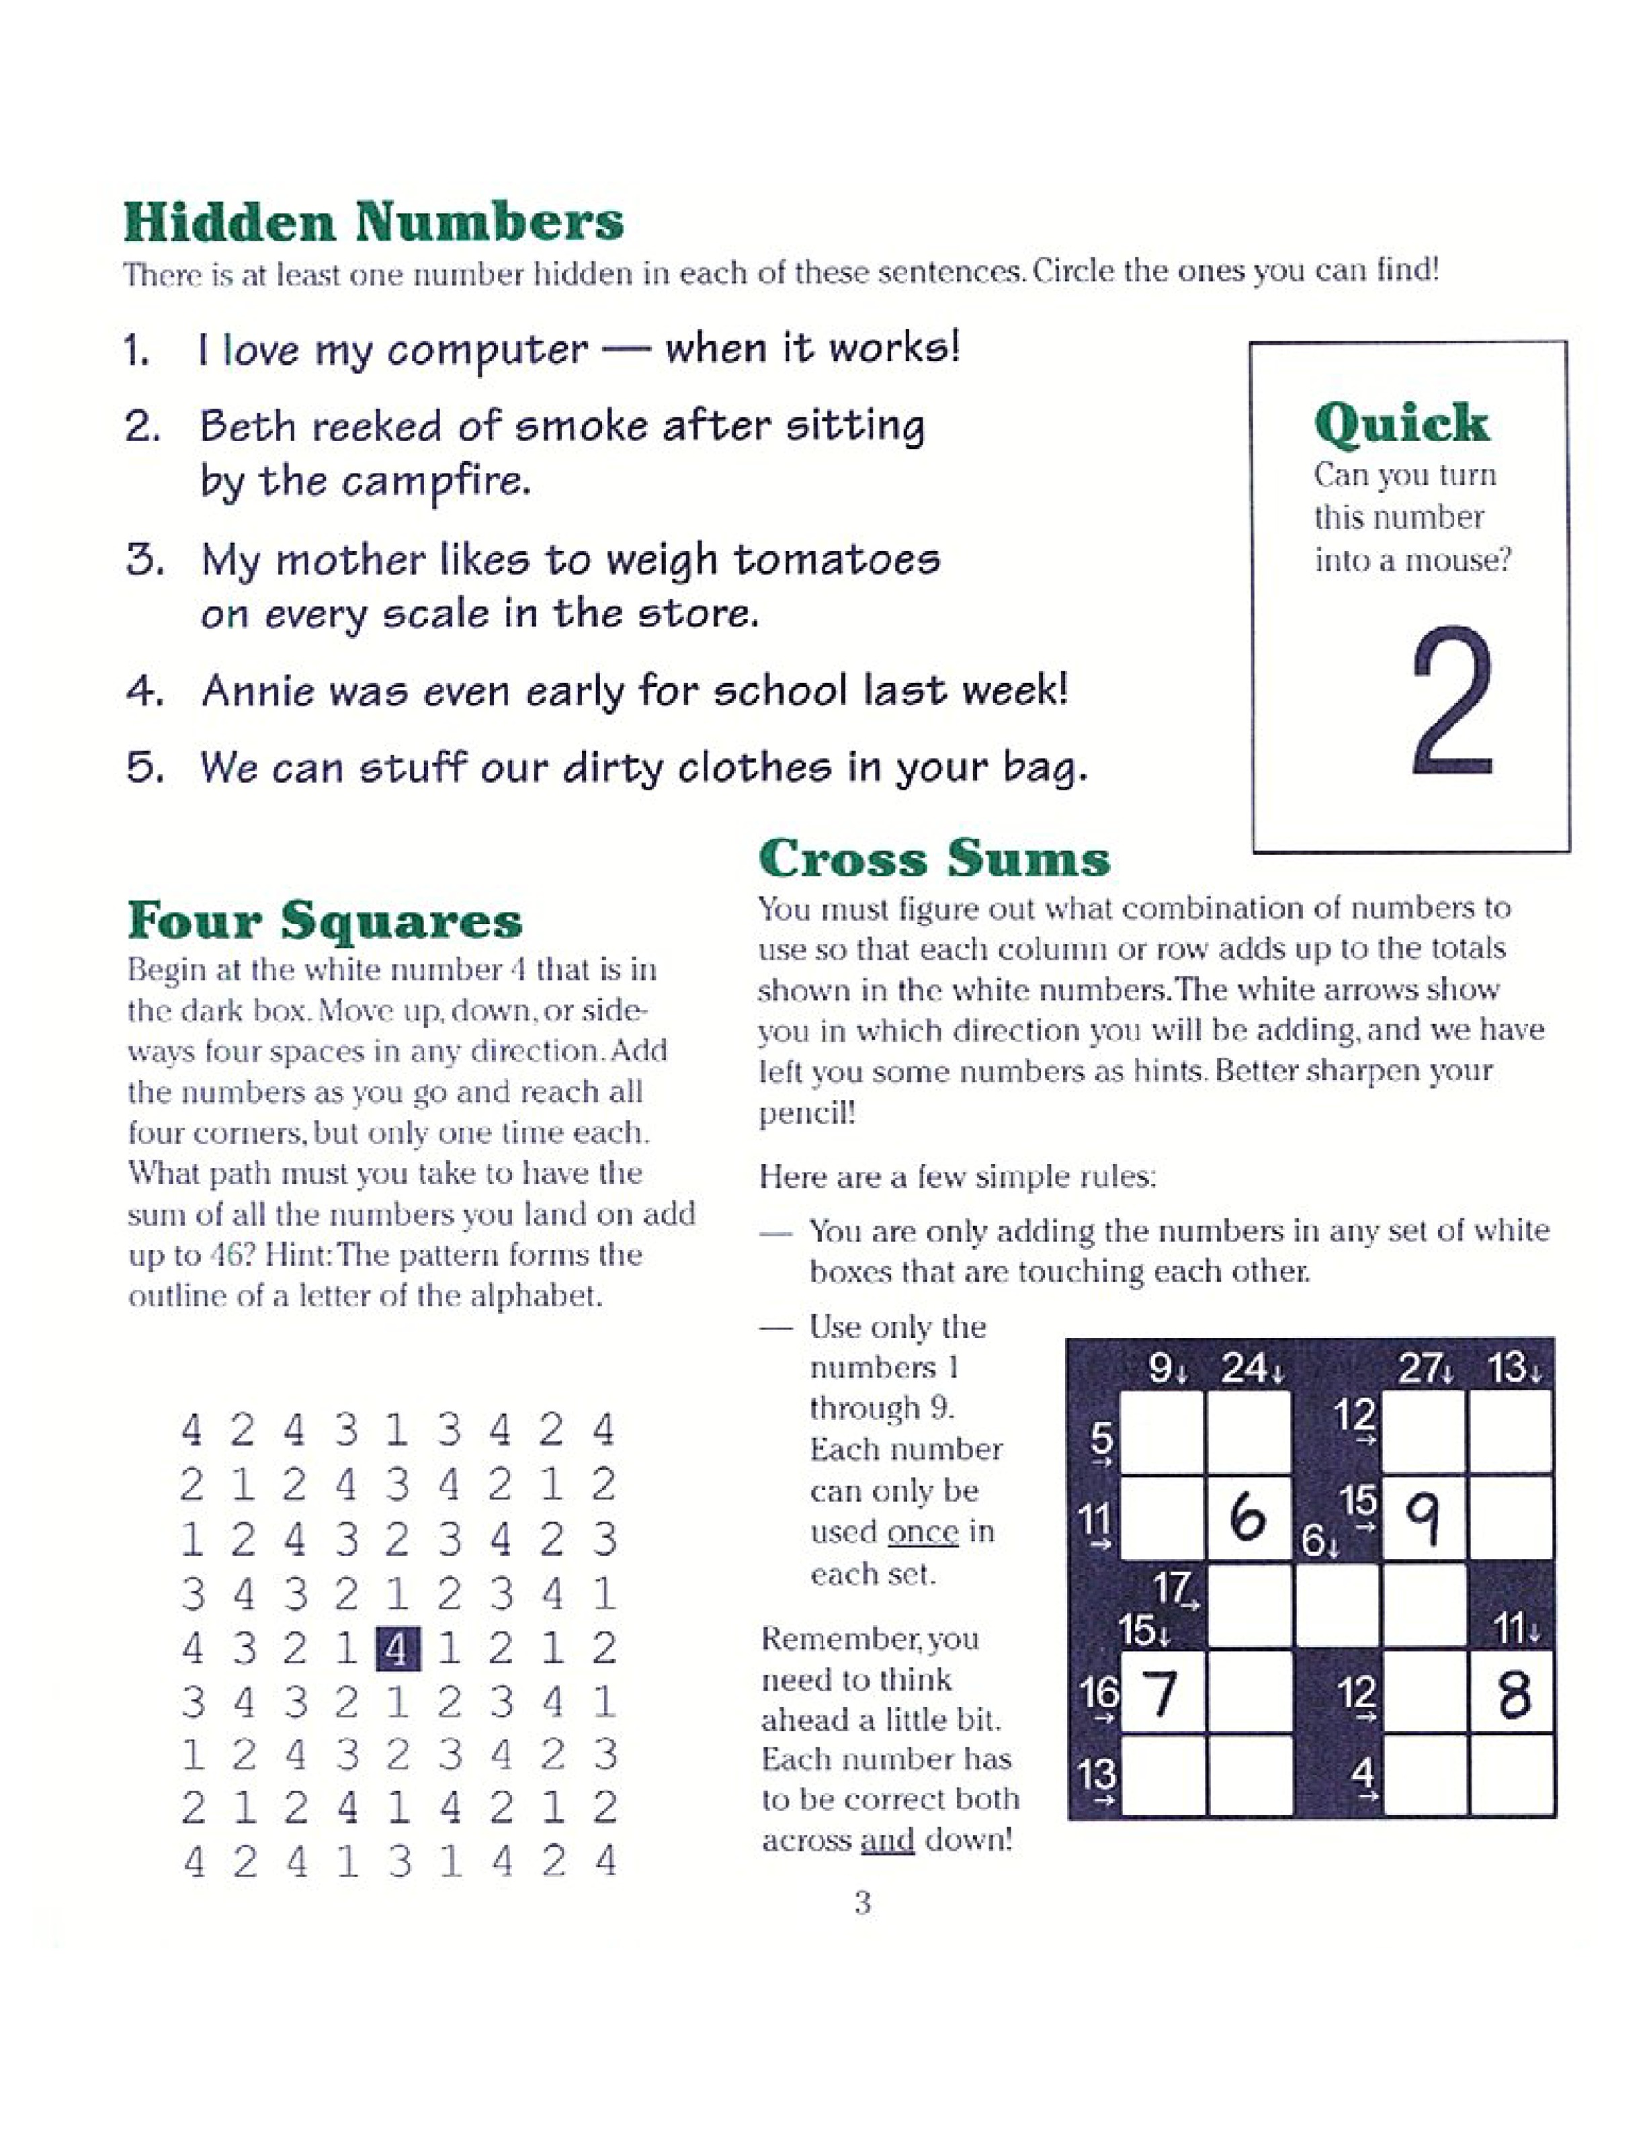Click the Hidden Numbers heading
pyautogui.click(x=373, y=222)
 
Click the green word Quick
pyautogui.click(x=1400, y=425)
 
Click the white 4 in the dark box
pyautogui.click(x=398, y=1648)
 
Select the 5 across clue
pyautogui.click(x=1101, y=1446)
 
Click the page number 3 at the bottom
pyautogui.click(x=862, y=1903)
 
